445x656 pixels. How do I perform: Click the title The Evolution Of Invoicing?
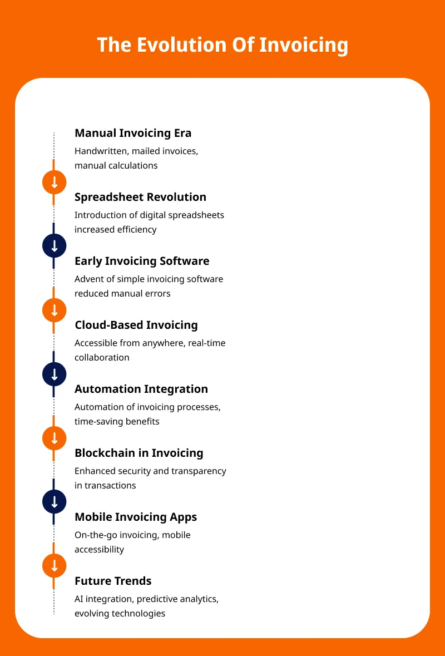(222, 45)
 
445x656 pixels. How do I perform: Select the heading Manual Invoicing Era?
(133, 133)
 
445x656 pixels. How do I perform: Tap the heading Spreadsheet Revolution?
(141, 197)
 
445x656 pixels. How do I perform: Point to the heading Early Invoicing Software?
(142, 261)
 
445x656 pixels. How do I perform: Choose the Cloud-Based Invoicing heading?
(136, 325)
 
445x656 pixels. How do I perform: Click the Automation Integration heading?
(141, 389)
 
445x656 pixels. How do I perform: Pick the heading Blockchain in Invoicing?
(139, 453)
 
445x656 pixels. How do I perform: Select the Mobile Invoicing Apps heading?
(136, 517)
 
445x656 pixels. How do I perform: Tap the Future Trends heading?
(113, 581)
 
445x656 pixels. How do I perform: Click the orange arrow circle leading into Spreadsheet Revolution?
(55, 182)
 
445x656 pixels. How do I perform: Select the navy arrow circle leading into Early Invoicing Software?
(55, 246)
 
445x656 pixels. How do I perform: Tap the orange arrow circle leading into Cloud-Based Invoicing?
(55, 310)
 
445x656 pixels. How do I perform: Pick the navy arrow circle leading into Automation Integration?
(55, 374)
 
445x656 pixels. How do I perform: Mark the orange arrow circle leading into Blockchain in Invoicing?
(55, 438)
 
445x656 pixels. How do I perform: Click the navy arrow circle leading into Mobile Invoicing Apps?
(55, 502)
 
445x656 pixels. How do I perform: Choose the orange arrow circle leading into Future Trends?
(55, 566)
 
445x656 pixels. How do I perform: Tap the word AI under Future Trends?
(79, 599)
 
